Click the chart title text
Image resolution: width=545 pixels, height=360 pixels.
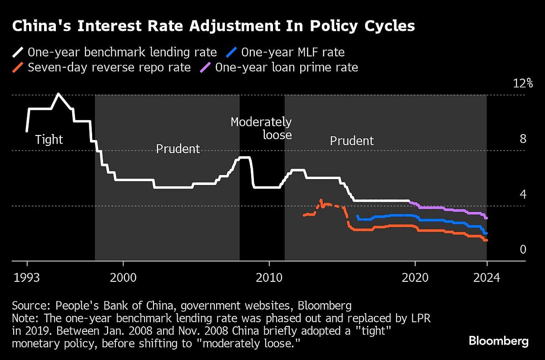pyautogui.click(x=213, y=26)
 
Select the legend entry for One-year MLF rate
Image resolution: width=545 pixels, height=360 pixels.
pyautogui.click(x=292, y=52)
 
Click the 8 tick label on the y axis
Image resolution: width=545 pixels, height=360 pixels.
pyautogui.click(x=523, y=139)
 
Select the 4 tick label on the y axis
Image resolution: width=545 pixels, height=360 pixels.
pyautogui.click(x=523, y=194)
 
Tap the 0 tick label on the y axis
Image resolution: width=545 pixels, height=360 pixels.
pyautogui.click(x=523, y=249)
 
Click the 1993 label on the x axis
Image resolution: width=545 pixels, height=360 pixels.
pyautogui.click(x=27, y=277)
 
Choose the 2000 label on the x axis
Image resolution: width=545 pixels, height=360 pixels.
pyautogui.click(x=123, y=277)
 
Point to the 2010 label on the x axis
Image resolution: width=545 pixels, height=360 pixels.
pyautogui.click(x=269, y=277)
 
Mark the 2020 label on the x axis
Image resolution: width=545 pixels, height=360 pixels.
pyautogui.click(x=415, y=277)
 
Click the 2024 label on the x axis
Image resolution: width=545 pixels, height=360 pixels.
pyautogui.click(x=486, y=277)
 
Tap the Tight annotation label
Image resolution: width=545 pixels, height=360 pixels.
pyautogui.click(x=49, y=139)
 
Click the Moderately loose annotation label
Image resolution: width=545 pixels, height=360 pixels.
pyautogui.click(x=261, y=128)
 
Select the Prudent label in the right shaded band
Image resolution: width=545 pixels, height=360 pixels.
pyautogui.click(x=352, y=141)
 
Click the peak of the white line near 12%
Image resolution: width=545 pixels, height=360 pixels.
pyautogui.click(x=58, y=94)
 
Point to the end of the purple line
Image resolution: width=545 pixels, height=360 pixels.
pyautogui.click(x=486, y=218)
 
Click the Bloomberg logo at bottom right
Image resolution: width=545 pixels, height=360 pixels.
pyautogui.click(x=498, y=341)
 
